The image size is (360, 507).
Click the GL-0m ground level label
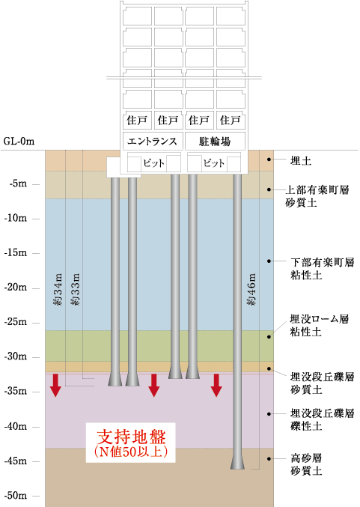pyautogui.click(x=19, y=142)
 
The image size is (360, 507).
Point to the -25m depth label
pyautogui.click(x=16, y=322)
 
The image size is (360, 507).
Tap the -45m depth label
pyautogui.click(x=16, y=461)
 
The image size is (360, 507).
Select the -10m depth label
pyautogui.click(x=16, y=218)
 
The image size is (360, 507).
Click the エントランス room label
pyautogui.click(x=152, y=142)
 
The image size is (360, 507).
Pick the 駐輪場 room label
pyautogui.click(x=215, y=142)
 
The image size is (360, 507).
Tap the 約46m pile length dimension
pyautogui.click(x=251, y=289)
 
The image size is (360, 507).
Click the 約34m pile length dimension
pyautogui.click(x=58, y=289)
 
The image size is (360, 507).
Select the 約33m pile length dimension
pyautogui.click(x=75, y=289)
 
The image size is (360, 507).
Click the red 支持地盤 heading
pyautogui.click(x=131, y=437)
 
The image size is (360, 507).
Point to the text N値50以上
pyautogui.click(x=131, y=452)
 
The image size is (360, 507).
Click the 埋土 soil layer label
pyautogui.click(x=301, y=161)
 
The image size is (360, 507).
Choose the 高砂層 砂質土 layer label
pyautogui.click(x=306, y=464)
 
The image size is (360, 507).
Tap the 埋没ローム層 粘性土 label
pyautogui.click(x=320, y=325)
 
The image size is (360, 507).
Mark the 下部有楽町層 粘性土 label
pyautogui.click(x=322, y=268)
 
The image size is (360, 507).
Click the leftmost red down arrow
pyautogui.click(x=55, y=385)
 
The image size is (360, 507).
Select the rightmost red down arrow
pyautogui.click(x=216, y=385)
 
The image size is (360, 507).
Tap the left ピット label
pyautogui.click(x=154, y=163)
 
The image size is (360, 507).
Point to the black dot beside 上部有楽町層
pyautogui.click(x=269, y=189)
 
